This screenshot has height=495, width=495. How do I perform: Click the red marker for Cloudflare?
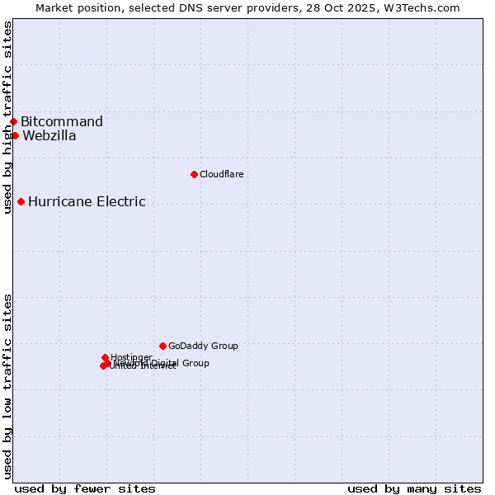pyautogui.click(x=194, y=174)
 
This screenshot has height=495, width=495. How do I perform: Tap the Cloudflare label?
pyautogui.click(x=221, y=174)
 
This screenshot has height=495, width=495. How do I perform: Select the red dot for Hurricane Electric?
pyautogui.click(x=21, y=201)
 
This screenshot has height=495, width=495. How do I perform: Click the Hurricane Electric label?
pyautogui.click(x=87, y=201)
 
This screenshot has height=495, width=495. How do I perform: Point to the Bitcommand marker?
pyautogui.click(x=13, y=122)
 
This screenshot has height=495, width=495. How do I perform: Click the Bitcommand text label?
pyautogui.click(x=62, y=122)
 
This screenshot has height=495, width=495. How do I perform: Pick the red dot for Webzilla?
pyautogui.click(x=15, y=135)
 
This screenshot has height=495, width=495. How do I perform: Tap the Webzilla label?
pyautogui.click(x=49, y=136)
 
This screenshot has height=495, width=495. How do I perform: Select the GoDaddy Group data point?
pyautogui.click(x=163, y=346)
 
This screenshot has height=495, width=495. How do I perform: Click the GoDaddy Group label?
pyautogui.click(x=203, y=346)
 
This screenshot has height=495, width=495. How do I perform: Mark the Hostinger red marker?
pyautogui.click(x=105, y=357)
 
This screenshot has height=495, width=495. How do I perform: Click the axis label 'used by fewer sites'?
pyautogui.click(x=85, y=488)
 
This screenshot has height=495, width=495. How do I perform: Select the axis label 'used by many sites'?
pyautogui.click(x=414, y=488)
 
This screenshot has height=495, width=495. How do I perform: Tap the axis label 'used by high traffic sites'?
pyautogui.click(x=7, y=118)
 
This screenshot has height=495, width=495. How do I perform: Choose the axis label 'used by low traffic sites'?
pyautogui.click(x=7, y=386)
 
